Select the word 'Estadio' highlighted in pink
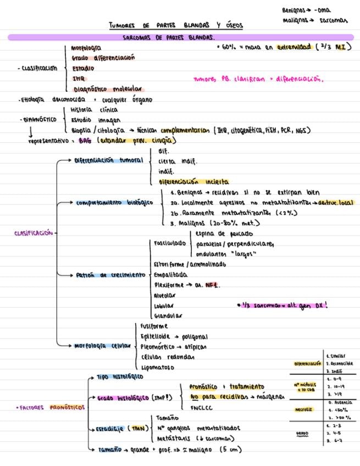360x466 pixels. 83,69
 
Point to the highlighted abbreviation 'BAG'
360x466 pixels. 85,140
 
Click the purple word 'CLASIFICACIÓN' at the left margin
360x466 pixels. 34,233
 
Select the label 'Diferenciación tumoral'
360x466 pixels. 109,160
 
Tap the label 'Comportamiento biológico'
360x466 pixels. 114,202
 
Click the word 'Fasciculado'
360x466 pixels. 168,242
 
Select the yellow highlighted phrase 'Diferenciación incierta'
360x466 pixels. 194,181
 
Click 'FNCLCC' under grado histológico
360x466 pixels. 202,408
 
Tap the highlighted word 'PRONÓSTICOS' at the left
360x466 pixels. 67,408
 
